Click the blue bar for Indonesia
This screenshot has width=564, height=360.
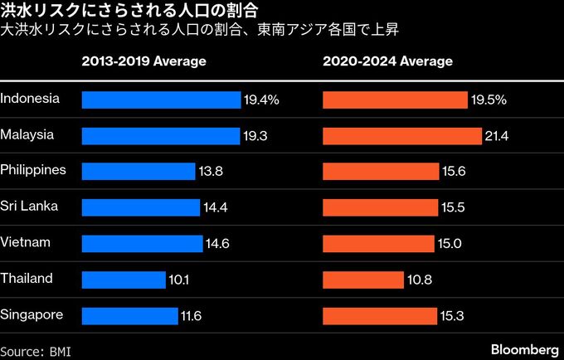161,100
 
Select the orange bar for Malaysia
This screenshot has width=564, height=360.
401,135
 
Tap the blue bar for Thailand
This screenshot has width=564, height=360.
124,280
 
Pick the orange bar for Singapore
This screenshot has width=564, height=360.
379,316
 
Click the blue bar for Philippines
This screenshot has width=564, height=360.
139,172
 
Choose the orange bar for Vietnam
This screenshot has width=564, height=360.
378,244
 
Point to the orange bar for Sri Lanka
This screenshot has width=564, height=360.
380,207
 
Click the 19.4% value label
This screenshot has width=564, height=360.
261,100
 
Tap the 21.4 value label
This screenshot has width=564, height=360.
497,135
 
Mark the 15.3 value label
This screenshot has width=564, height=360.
452,316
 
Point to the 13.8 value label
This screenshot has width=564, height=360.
211,172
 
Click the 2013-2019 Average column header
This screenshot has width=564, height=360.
143,62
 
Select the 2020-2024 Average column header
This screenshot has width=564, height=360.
387,62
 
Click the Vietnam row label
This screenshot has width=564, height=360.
26,242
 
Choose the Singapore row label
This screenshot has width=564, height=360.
32,315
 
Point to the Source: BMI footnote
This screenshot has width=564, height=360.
36,351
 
